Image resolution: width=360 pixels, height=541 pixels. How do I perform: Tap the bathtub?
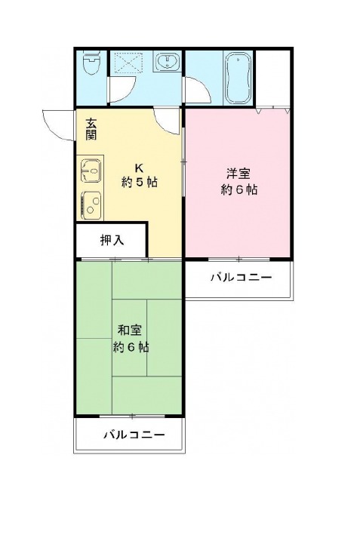click(x=238, y=78)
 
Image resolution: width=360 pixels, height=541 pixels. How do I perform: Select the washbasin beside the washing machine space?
click(x=168, y=62)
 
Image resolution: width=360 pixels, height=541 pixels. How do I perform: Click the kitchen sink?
click(x=91, y=170)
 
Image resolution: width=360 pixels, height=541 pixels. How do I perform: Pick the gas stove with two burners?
click(x=91, y=206)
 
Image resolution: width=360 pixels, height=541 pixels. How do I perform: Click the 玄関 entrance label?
click(x=91, y=129)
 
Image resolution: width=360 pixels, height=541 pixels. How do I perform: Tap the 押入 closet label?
click(x=112, y=240)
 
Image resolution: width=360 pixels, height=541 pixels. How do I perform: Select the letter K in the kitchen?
click(x=139, y=168)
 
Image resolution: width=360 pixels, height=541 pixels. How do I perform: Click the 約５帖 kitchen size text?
click(x=140, y=182)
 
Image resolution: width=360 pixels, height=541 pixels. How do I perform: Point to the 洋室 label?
click(x=238, y=174)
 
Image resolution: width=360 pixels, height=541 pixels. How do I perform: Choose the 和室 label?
click(x=130, y=330)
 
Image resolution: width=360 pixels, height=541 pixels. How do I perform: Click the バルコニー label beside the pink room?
click(x=242, y=277)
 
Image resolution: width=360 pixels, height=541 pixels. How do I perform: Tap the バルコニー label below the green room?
click(x=134, y=435)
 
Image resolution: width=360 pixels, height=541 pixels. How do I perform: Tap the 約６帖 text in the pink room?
click(x=238, y=189)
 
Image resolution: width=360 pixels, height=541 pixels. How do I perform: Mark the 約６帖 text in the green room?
click(x=131, y=347)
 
